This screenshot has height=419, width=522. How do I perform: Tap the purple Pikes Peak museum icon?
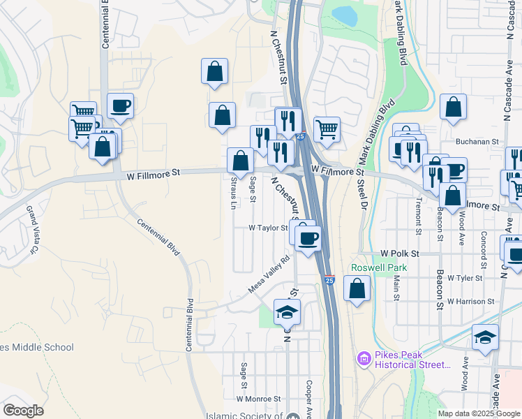point(363,359)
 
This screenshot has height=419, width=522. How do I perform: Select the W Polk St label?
point(398,254)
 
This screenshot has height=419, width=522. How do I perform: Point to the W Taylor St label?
point(268,228)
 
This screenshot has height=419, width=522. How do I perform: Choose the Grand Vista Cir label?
point(31,228)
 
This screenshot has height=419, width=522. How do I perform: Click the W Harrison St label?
point(472,302)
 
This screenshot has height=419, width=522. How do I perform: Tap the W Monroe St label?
point(258,399)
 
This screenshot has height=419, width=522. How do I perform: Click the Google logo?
point(23,411)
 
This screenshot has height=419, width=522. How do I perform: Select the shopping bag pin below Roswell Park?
point(357,288)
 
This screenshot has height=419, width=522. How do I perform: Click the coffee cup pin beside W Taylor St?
point(307,240)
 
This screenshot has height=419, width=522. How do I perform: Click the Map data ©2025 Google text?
point(478,413)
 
